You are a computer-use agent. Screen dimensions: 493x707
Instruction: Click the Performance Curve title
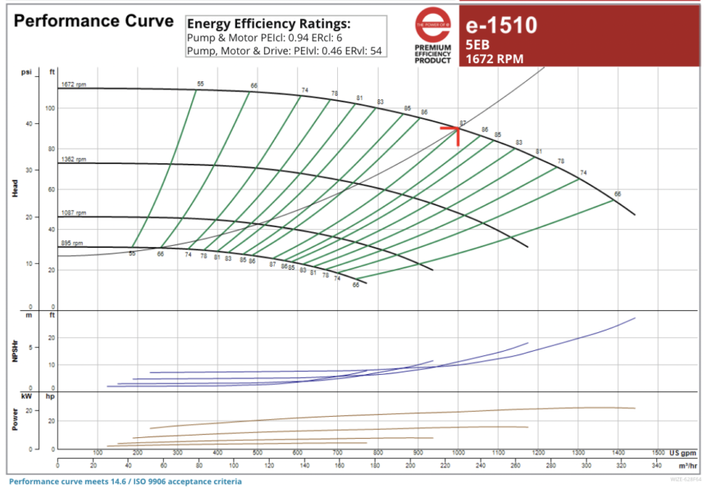[94, 21]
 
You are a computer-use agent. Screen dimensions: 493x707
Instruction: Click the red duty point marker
[456, 129]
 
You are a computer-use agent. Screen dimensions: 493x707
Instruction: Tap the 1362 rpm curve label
[73, 159]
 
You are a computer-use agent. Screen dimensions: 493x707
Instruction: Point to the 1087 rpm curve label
[73, 213]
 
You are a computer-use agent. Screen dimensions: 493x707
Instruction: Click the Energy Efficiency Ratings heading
[268, 23]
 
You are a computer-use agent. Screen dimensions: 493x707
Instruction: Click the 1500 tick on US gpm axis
[658, 453]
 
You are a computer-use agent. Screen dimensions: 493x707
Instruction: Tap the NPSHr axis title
[15, 351]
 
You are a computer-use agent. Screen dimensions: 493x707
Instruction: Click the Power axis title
[15, 420]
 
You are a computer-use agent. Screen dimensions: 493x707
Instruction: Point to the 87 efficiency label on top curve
[463, 123]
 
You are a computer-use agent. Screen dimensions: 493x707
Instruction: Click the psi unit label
[25, 72]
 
